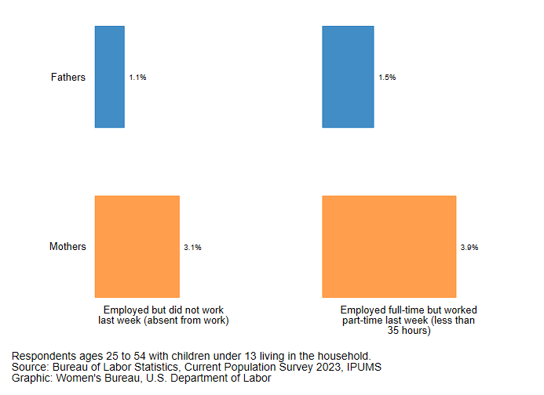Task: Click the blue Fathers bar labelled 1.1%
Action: pyautogui.click(x=110, y=77)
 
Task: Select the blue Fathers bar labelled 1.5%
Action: pyautogui.click(x=348, y=77)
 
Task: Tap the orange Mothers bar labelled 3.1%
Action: pyautogui.click(x=137, y=246)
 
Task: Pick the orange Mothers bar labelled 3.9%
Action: pyautogui.click(x=389, y=246)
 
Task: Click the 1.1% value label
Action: pyautogui.click(x=137, y=78)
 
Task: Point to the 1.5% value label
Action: pyautogui.click(x=387, y=78)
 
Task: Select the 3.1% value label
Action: pyautogui.click(x=192, y=248)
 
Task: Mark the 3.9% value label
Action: pyautogui.click(x=469, y=248)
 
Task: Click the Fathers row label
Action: pyautogui.click(x=68, y=78)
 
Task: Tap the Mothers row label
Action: pyautogui.click(x=68, y=247)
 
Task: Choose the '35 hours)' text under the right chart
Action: pyautogui.click(x=409, y=331)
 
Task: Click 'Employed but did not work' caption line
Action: pyautogui.click(x=163, y=310)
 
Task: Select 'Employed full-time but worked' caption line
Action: pyautogui.click(x=409, y=310)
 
